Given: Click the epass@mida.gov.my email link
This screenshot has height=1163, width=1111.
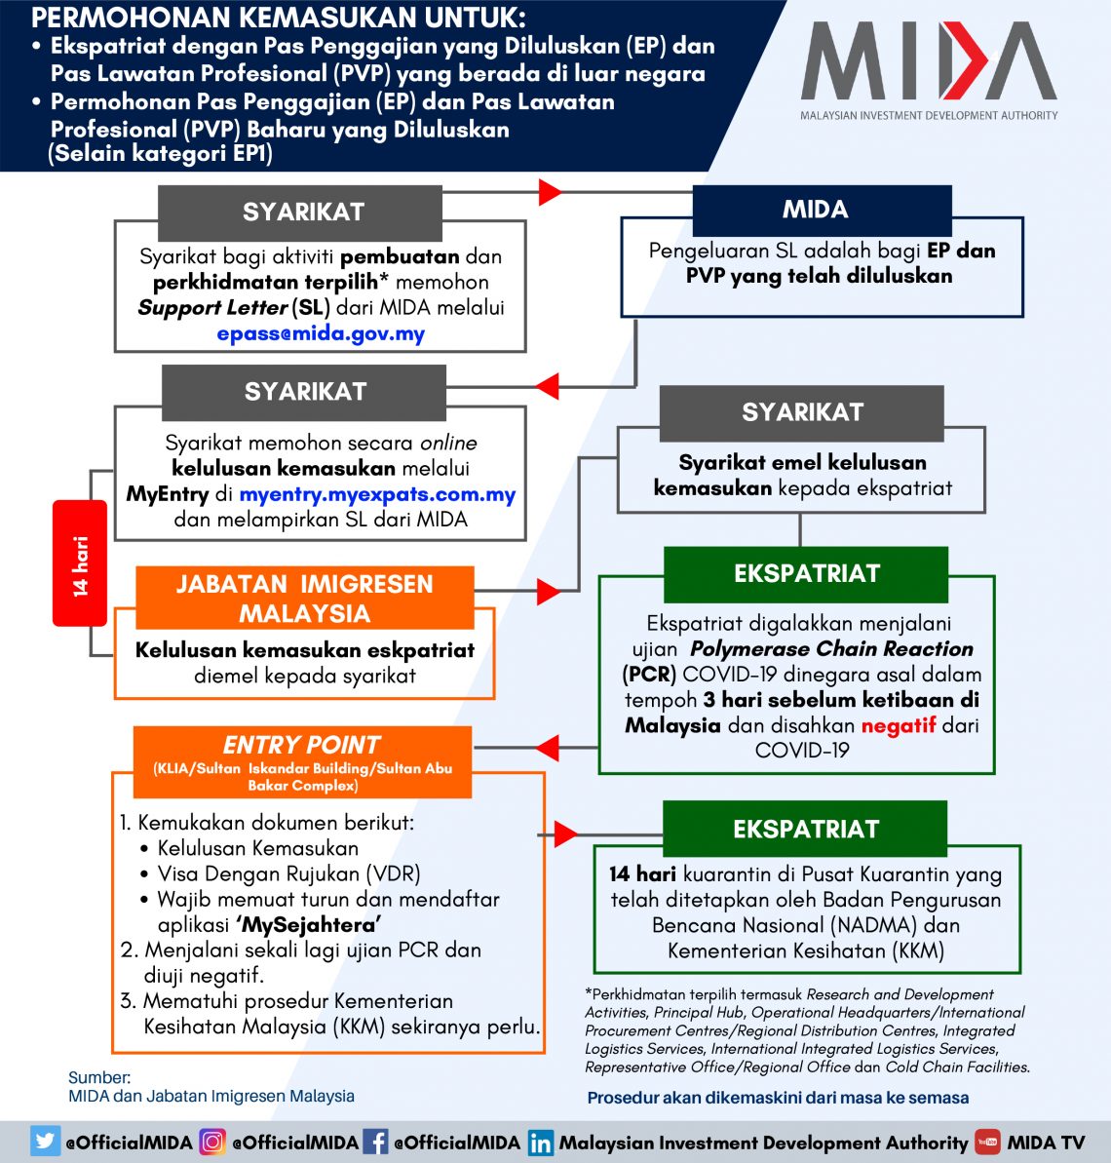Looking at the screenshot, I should tap(321, 333).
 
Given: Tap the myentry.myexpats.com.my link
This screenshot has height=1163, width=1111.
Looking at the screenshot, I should tap(377, 494).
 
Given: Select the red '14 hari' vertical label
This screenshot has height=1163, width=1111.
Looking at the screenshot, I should tap(80, 563).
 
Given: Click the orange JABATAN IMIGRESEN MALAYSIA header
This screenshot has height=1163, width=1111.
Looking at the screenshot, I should tap(304, 598).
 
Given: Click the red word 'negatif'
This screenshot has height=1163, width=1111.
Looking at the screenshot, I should tap(898, 725).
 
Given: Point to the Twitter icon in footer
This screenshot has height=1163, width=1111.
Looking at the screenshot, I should tap(45, 1142).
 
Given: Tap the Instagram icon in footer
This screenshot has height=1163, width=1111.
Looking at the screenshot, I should tap(212, 1142).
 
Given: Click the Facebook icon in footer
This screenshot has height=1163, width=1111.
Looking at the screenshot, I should tap(375, 1142).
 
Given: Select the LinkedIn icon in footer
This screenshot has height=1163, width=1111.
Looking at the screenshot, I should tap(541, 1143).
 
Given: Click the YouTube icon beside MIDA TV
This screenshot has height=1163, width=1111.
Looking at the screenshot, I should tap(987, 1142).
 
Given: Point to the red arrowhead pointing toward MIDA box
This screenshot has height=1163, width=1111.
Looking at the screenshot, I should tap(550, 191).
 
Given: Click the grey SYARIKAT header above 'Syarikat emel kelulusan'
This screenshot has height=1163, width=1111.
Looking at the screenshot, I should tap(801, 412).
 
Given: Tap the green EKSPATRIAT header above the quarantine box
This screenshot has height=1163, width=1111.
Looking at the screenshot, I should tap(805, 829).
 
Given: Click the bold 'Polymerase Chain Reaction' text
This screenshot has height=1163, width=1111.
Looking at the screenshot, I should tap(831, 648).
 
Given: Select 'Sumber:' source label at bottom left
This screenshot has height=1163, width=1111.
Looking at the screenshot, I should tap(98, 1077).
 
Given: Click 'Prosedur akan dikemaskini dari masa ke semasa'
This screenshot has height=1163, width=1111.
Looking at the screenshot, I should tap(778, 1098).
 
